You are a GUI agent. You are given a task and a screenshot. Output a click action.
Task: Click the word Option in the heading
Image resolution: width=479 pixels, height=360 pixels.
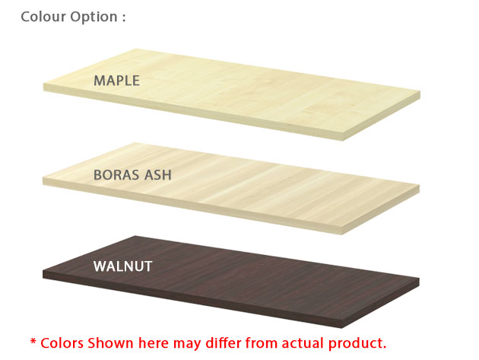[94, 18]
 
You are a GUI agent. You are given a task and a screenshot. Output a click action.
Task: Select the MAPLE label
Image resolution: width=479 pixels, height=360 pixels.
[116, 81]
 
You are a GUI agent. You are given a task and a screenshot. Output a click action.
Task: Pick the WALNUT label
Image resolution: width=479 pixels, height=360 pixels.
[123, 266]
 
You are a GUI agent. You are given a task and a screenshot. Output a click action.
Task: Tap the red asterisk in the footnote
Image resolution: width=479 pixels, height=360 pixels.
[33, 342]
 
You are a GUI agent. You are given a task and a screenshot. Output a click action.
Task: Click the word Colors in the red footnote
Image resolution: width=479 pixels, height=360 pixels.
[62, 343]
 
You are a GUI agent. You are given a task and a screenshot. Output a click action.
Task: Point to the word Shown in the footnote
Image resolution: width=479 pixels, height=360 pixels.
[111, 343]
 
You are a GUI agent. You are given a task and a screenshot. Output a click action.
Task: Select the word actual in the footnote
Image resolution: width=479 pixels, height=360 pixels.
[303, 343]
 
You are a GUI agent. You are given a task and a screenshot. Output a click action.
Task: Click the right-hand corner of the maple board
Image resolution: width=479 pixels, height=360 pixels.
[420, 91]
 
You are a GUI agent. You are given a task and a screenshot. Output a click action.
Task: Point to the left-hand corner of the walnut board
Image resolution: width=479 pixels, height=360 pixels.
[43, 271]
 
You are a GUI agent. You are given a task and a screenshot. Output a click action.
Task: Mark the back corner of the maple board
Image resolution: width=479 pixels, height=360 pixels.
[135, 49]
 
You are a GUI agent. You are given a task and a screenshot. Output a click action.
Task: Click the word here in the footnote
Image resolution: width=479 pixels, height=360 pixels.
[154, 343]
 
